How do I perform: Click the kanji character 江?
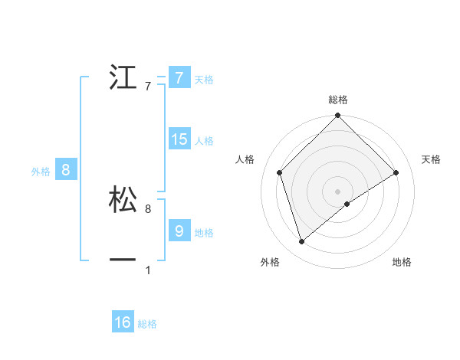[123, 78]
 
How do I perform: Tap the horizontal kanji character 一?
[123, 260]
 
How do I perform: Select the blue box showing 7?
[179, 77]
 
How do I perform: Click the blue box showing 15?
[179, 139]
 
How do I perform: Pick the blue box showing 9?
[179, 231]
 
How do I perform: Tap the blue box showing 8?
[66, 170]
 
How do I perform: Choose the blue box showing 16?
[123, 322]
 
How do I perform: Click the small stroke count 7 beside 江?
[148, 87]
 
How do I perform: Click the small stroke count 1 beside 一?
[148, 270]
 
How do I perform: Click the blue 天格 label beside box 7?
[204, 79]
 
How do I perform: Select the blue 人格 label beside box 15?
[204, 141]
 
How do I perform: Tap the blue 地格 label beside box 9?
[204, 233]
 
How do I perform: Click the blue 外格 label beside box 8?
[41, 172]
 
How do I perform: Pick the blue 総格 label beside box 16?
[147, 324]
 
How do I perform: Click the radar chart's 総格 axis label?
[338, 100]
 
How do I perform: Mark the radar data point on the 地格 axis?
[347, 204]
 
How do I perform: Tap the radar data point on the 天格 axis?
[396, 172]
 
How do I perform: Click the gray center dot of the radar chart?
[338, 191]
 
